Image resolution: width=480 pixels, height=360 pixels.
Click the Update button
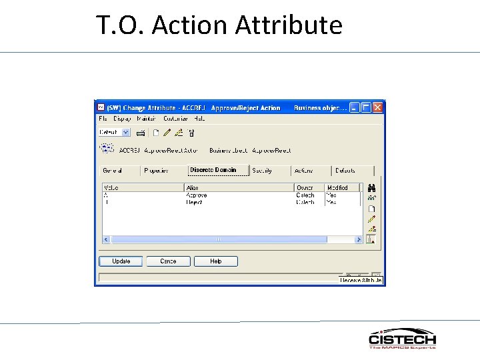coord(121,261)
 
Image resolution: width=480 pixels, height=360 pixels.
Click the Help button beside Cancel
coord(215,261)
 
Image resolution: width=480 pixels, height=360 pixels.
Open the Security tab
coord(262,171)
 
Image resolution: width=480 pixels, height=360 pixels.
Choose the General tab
coord(113,171)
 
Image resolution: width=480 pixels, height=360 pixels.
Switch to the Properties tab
coord(156,171)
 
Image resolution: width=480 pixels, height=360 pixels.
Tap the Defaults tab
coord(345,171)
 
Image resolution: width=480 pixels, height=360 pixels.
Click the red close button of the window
coord(378,107)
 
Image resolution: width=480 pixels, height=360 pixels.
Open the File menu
coord(103,119)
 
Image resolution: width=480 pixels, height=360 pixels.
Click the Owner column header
coord(305,188)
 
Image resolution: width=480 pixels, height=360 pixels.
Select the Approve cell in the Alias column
coord(197,195)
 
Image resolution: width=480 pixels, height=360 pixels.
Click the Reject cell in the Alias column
coord(195,202)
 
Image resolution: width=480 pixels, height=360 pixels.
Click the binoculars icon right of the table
coord(372,188)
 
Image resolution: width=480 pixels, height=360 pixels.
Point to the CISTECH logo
coord(402,339)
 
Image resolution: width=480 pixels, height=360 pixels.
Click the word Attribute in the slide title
coord(289,25)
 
